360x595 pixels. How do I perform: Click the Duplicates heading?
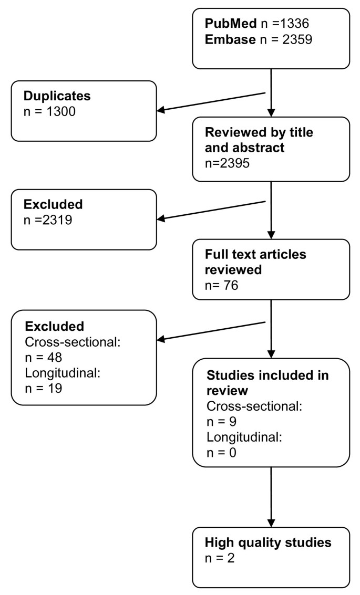coord(57,96)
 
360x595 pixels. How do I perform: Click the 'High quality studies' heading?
coord(269,543)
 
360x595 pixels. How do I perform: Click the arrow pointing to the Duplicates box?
coord(210,102)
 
